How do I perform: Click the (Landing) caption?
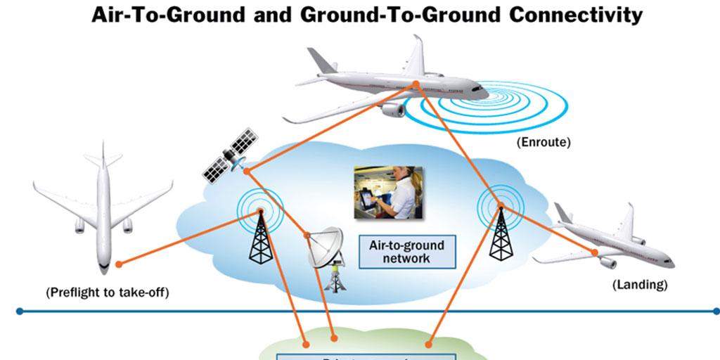pos(639,285)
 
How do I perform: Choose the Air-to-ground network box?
pos(406,252)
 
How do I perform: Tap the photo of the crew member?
pos(387,192)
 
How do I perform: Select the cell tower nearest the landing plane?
pos(501,232)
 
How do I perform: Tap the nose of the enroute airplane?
pos(484,91)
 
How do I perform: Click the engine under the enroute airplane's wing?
pos(394,109)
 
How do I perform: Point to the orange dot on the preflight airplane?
pos(119,264)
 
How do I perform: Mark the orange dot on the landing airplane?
pos(594,252)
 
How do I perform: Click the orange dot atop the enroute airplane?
pos(416,84)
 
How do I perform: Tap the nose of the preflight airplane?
pos(103,268)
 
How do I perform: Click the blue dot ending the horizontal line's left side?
pos(20,310)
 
